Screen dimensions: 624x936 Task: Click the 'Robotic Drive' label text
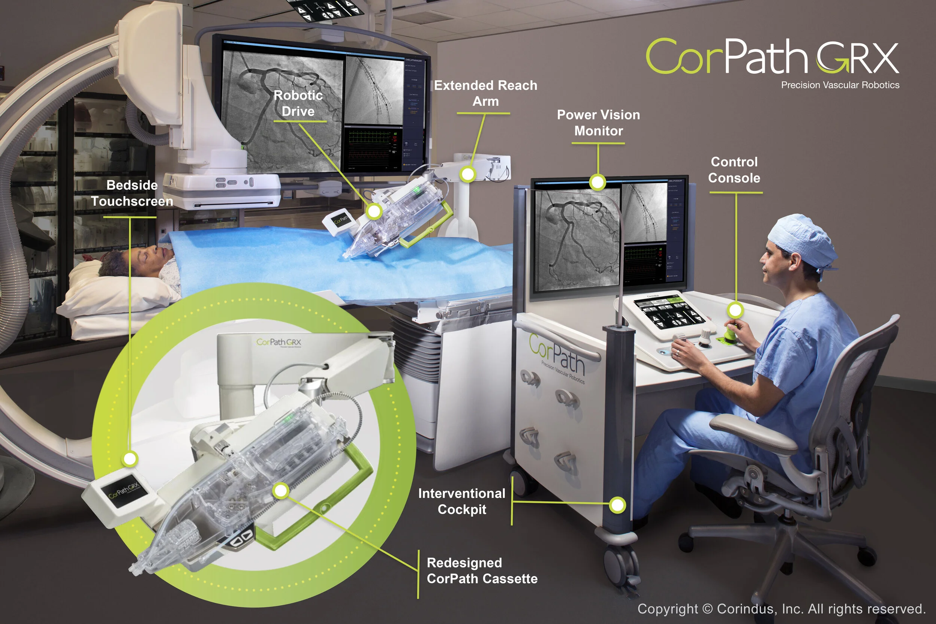point(298,103)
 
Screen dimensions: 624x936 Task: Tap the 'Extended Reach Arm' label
point(485,93)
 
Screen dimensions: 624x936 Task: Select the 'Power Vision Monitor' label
point(598,122)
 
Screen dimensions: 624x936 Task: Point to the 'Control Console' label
point(734,170)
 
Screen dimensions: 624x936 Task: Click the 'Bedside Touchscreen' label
point(132,193)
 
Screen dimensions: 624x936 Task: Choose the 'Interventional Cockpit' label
point(462,502)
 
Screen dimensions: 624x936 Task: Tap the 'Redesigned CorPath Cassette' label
point(481,571)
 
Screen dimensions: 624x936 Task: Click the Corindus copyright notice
point(781,609)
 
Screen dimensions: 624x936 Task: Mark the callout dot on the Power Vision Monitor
point(597,183)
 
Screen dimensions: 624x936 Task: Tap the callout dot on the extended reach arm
point(468,174)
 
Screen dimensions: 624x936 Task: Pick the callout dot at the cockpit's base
point(617,505)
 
